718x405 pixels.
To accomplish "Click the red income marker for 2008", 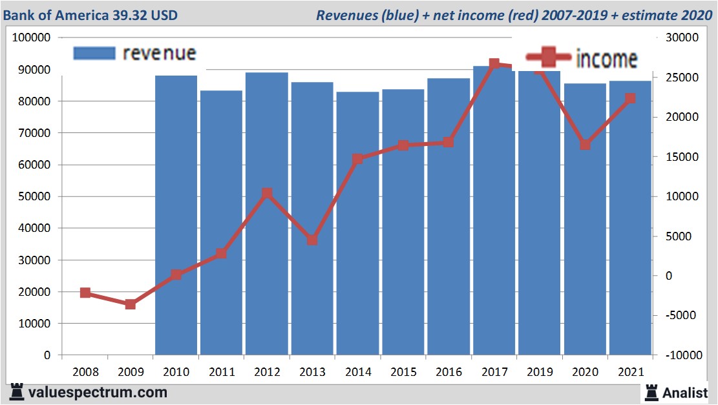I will tap(85, 293).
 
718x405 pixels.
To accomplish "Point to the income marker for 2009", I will tap(131, 304).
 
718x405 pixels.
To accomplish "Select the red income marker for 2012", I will tap(267, 193).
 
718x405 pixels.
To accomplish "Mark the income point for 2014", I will tap(357, 159).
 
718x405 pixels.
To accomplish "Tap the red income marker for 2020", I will tap(585, 145).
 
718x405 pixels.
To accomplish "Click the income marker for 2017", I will tap(494, 64).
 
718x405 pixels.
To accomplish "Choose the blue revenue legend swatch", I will tap(94, 53).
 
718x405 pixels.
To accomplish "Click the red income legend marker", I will tap(549, 58).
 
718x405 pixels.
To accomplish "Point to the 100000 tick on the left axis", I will tap(32, 37).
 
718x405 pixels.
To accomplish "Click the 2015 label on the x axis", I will tap(403, 373).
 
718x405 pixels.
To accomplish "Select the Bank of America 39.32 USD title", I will tap(90, 15).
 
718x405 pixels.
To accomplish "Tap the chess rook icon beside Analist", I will tap(651, 391).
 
